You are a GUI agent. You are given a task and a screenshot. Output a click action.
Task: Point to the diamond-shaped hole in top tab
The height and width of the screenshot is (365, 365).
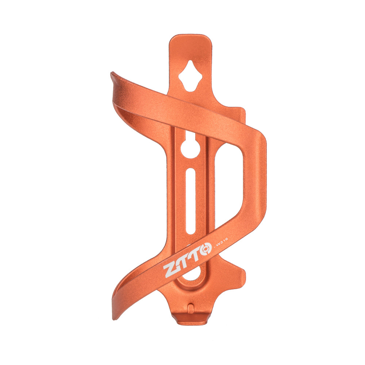(190, 76)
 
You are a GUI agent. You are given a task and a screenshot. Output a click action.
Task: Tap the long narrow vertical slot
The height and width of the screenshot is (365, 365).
(190, 201)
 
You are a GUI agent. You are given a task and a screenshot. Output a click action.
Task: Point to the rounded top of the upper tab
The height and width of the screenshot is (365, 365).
(190, 40)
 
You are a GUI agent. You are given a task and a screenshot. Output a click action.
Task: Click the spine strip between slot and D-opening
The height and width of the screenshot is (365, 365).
(211, 190)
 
